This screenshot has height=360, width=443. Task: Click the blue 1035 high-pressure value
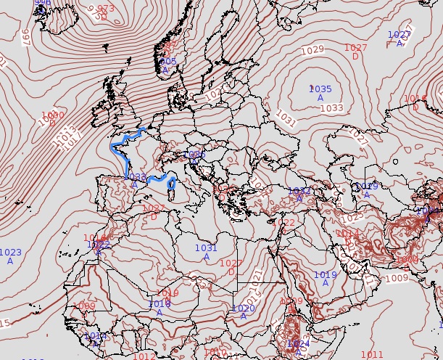[x=320, y=89]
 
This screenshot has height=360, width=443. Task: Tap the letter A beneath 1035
[x=320, y=98]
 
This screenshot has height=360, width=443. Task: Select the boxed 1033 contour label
[x=331, y=108]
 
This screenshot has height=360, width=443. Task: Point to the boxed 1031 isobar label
[x=286, y=118]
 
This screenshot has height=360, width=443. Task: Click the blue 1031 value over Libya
[x=206, y=248]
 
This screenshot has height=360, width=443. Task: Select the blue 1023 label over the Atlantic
[x=10, y=253]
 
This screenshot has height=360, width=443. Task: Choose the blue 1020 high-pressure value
[x=243, y=308]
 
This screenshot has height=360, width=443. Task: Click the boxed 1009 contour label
[x=397, y=279]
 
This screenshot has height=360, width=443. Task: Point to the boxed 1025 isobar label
[x=352, y=217]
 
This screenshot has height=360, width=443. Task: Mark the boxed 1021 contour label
[x=257, y=276]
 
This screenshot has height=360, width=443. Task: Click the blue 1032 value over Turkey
[x=299, y=192]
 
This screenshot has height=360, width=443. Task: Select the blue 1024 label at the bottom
[x=298, y=343]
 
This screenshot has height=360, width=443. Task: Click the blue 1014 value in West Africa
[x=96, y=336]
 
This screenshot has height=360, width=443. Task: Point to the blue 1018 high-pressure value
[x=160, y=304]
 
